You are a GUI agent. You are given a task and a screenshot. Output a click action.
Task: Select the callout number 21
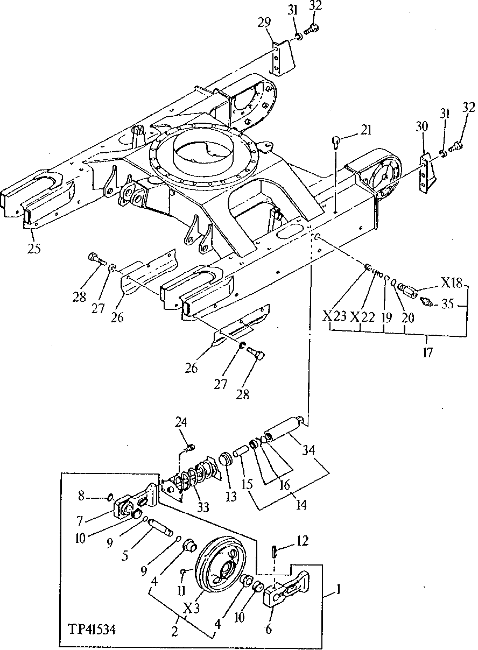(x=367, y=130)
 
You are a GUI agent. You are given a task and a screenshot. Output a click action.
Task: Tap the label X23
(x=334, y=316)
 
